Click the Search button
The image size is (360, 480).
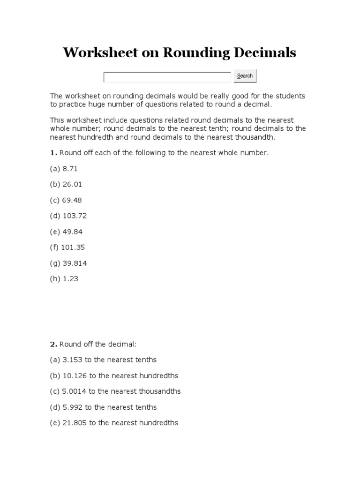[245, 76]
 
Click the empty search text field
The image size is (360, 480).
[167, 77]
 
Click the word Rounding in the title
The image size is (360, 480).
[196, 53]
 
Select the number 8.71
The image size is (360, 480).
[69, 169]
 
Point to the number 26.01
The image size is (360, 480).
[72, 185]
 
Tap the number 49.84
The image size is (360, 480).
[72, 232]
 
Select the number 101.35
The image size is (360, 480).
[73, 247]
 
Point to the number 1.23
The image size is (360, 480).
[70, 279]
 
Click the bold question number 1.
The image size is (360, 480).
[53, 153]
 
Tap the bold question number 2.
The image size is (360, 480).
[53, 344]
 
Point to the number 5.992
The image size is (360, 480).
[72, 407]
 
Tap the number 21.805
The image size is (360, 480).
[74, 423]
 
